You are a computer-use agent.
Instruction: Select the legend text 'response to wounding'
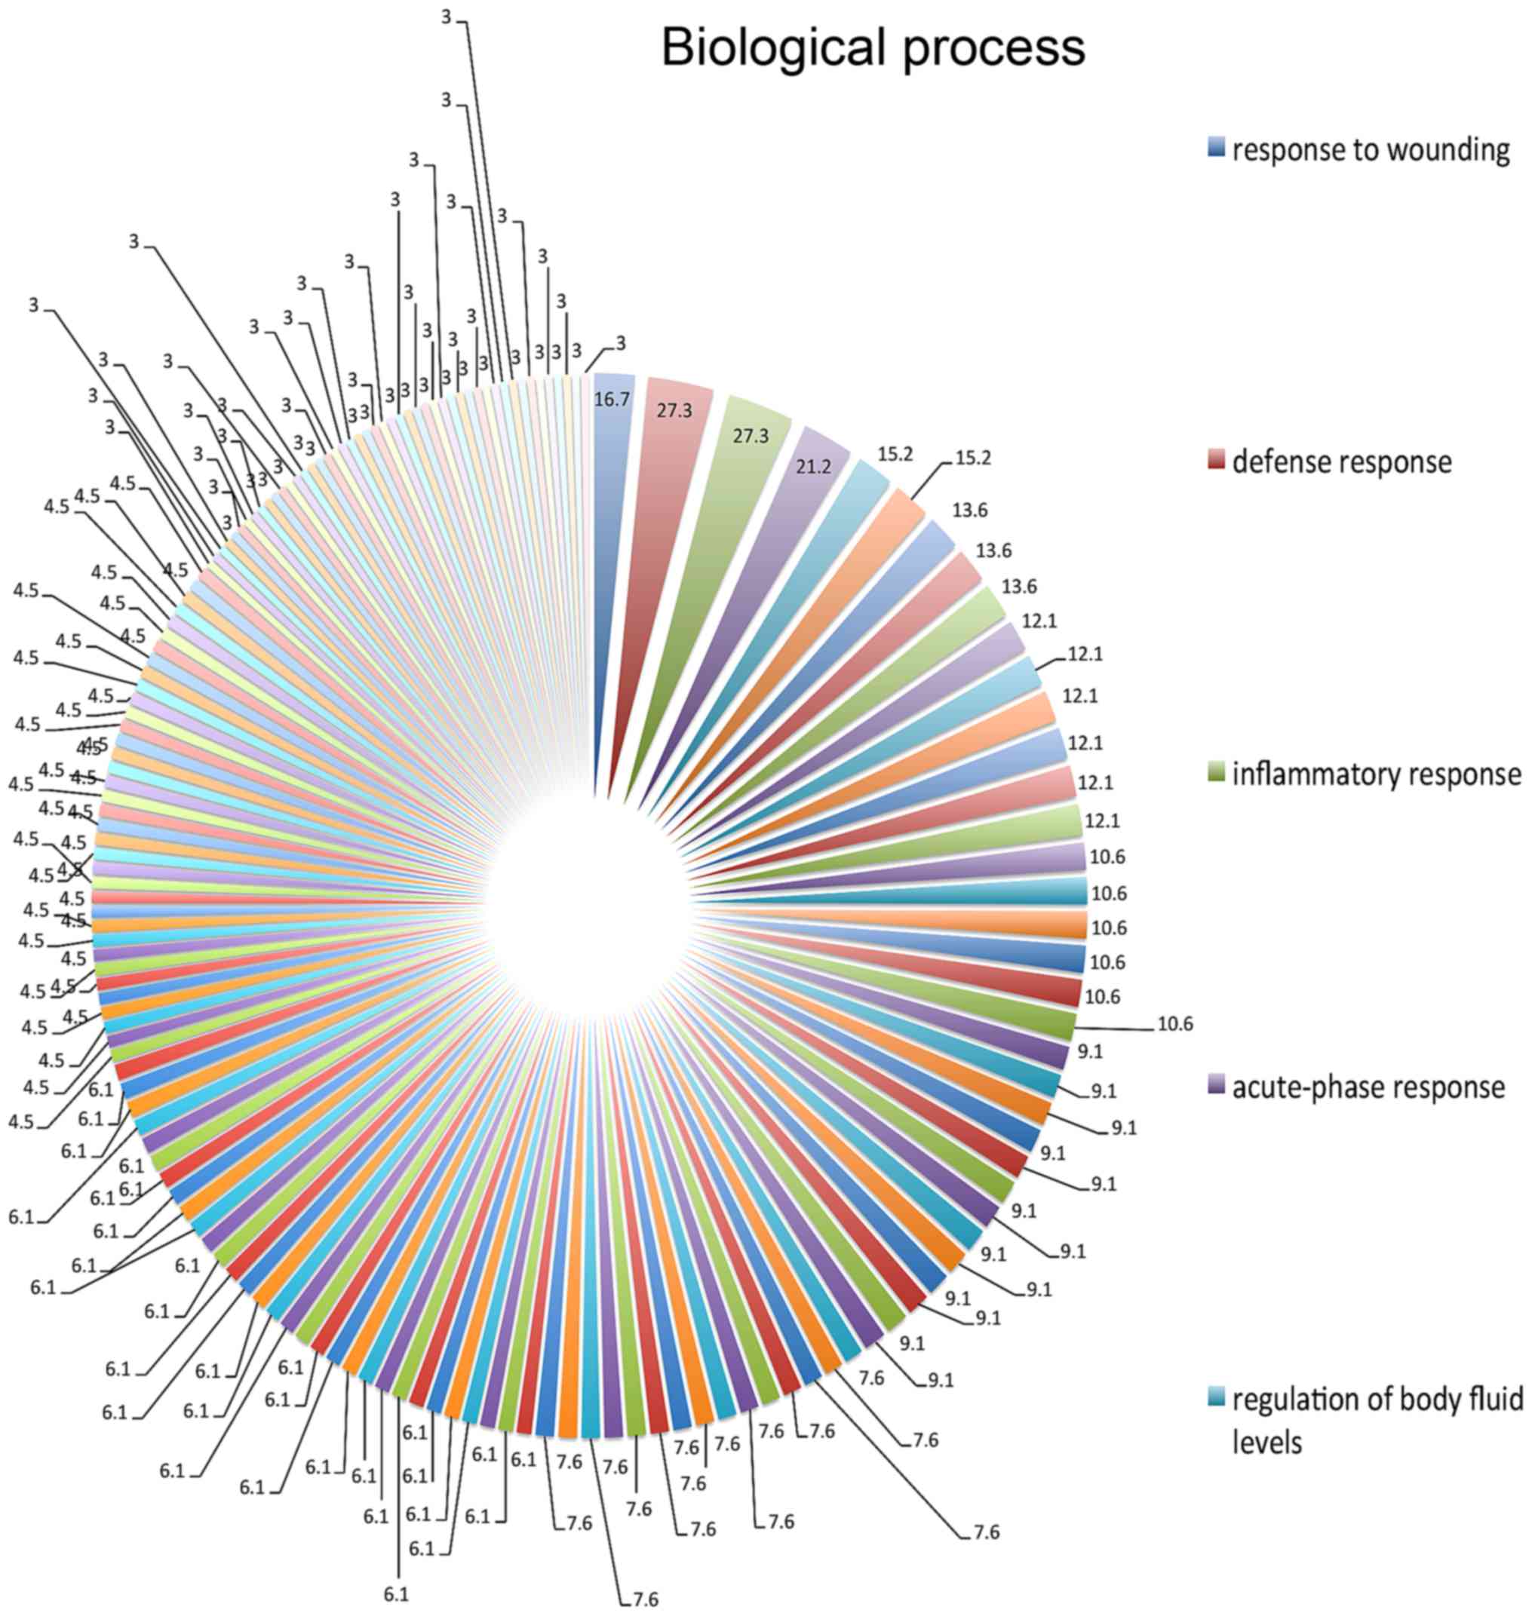point(1371,150)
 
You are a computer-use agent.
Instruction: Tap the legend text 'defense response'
point(1342,462)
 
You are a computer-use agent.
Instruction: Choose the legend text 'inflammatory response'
point(1376,773)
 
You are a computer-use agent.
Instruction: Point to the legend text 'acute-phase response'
point(1368,1087)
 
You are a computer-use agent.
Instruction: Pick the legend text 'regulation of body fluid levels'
point(1376,1420)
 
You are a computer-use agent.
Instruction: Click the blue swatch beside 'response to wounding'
point(1216,148)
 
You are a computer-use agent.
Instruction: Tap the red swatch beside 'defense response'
point(1216,460)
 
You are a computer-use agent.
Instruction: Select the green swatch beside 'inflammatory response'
point(1216,771)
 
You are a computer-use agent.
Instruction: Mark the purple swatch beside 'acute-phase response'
point(1216,1085)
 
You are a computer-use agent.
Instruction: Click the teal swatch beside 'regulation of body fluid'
point(1216,1397)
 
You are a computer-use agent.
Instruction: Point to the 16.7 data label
point(612,400)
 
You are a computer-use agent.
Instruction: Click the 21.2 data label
point(813,466)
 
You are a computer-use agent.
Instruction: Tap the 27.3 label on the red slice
point(674,411)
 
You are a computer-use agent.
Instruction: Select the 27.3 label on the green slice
point(751,436)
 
